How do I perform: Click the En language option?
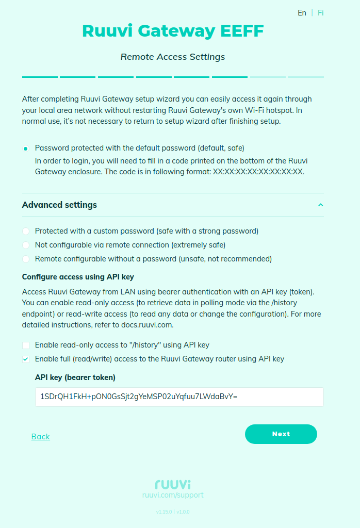click(x=302, y=13)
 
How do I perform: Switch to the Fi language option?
click(x=321, y=13)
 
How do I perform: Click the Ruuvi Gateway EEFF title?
click(x=173, y=31)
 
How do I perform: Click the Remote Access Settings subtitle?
click(x=173, y=57)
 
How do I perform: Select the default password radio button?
click(x=26, y=148)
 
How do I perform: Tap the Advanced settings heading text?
click(x=59, y=205)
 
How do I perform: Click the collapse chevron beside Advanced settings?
click(x=320, y=205)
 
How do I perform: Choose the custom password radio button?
click(x=26, y=231)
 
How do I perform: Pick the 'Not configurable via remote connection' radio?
click(x=26, y=245)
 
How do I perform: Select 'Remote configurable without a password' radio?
click(x=26, y=259)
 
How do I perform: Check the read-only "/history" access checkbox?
click(x=26, y=345)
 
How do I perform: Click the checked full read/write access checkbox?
click(x=26, y=359)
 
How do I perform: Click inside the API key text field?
click(x=179, y=397)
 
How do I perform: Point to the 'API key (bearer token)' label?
click(x=75, y=377)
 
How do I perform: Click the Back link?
click(x=40, y=437)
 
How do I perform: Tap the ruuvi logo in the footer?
click(x=173, y=484)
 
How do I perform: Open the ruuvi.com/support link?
click(x=173, y=495)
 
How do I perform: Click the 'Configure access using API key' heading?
click(x=78, y=277)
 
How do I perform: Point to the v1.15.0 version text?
click(x=163, y=512)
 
